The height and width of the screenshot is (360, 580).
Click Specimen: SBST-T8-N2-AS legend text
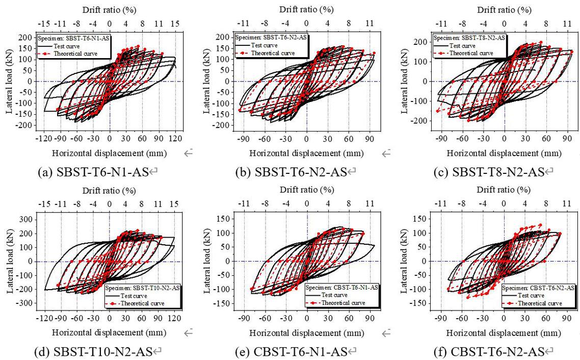469,38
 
